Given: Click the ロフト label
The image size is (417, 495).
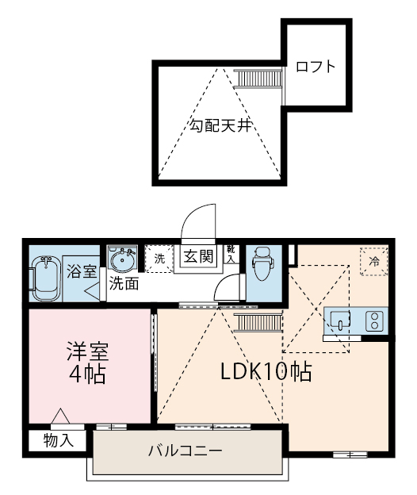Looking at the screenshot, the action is [x=316, y=67].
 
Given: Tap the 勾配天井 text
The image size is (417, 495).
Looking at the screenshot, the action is [x=220, y=125].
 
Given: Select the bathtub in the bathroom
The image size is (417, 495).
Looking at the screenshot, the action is [x=46, y=278].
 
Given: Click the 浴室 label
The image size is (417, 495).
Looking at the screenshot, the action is [x=82, y=271].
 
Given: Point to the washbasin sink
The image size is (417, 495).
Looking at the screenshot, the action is [x=122, y=259].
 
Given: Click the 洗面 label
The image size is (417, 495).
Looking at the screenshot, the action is [x=124, y=283].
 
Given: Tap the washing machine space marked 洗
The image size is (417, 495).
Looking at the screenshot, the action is [x=159, y=259].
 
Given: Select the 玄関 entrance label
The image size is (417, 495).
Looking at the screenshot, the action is [x=198, y=255].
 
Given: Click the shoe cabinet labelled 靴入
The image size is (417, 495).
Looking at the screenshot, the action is [x=231, y=254].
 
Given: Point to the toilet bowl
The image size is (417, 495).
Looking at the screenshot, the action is [x=263, y=263].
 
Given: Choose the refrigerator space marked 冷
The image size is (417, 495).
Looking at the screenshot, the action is [x=374, y=262].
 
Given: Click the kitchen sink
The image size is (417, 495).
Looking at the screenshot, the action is [x=340, y=320].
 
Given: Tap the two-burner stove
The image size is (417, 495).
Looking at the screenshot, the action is [x=375, y=321].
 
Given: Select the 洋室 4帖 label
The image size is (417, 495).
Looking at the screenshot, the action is [x=87, y=363].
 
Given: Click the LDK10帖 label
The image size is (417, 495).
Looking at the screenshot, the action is [x=266, y=371].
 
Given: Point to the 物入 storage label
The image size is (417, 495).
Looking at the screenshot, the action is [x=59, y=440].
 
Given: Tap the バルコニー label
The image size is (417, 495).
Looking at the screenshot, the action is [x=186, y=451].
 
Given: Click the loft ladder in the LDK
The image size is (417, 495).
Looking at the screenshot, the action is [x=258, y=323].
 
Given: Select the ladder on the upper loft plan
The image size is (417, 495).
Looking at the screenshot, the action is [x=258, y=78].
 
